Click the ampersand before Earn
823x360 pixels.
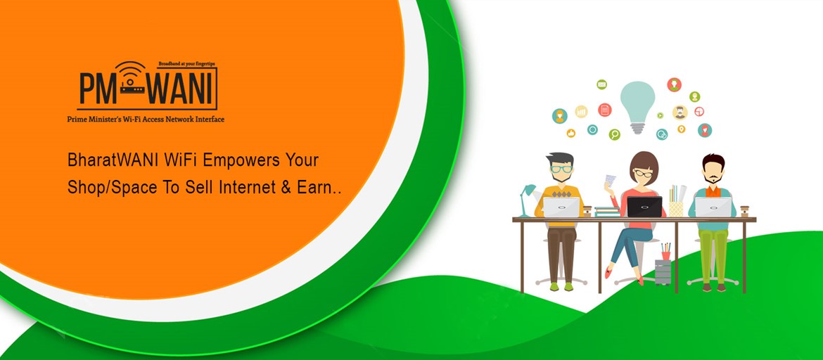[x=286, y=188]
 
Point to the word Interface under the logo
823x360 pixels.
[x=208, y=119]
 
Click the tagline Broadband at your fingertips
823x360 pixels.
[x=187, y=64]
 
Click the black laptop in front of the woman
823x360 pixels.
[x=644, y=206]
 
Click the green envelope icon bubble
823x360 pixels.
[x=601, y=84]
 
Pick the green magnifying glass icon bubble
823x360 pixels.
[x=614, y=134]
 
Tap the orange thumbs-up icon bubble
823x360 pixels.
[x=570, y=134]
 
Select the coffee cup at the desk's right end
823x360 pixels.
[x=744, y=211]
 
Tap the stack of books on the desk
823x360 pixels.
[x=608, y=212]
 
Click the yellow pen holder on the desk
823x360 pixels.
[x=676, y=206]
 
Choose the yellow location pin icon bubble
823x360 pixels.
[x=682, y=129]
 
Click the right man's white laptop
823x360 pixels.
[x=713, y=207]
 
